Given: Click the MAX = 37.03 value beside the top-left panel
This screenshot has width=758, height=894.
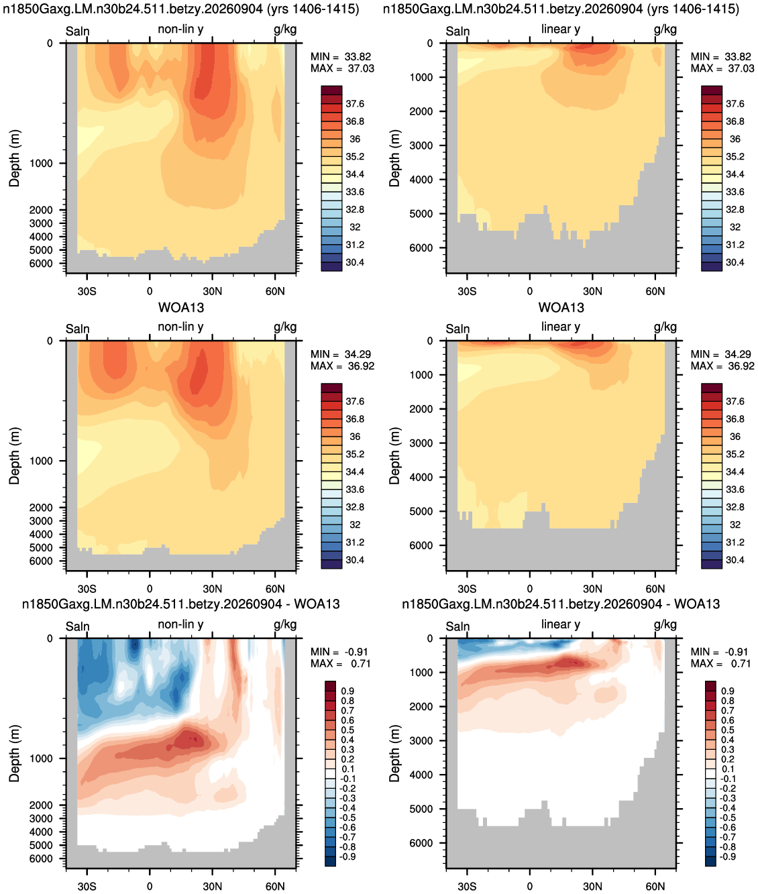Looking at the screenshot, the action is [x=342, y=68].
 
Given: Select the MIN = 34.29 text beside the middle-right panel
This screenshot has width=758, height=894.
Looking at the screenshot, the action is [x=721, y=354].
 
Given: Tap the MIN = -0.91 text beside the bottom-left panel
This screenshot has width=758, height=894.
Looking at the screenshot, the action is [x=341, y=652].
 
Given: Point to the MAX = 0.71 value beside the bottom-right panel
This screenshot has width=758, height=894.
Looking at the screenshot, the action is [x=720, y=663].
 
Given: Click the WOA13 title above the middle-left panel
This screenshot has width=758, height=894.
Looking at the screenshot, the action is [x=181, y=308].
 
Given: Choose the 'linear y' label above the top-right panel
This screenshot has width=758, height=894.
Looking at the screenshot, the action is [x=561, y=29].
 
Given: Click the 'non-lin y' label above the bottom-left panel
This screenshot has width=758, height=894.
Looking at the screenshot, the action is [x=180, y=624].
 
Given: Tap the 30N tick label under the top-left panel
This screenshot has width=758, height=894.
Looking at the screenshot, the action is [x=213, y=291].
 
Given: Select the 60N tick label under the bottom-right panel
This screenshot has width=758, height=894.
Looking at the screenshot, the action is [x=655, y=886].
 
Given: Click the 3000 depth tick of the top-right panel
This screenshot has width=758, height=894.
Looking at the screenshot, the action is [x=421, y=146].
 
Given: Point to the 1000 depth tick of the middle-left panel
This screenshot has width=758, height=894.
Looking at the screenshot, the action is [x=41, y=461].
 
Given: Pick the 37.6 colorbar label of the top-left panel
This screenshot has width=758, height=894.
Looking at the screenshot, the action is [x=355, y=104].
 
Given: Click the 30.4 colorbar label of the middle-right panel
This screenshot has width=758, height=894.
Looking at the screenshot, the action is [x=735, y=559].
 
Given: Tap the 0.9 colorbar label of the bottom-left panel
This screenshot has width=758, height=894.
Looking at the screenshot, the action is [x=347, y=691].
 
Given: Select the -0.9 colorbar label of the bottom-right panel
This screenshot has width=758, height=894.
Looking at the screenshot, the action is [x=728, y=856].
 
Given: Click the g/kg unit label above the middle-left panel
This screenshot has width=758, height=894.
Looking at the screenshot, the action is [x=285, y=327].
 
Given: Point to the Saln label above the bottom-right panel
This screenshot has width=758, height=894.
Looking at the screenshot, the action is [x=457, y=626].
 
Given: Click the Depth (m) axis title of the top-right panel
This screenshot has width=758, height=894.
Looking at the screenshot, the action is [x=394, y=158].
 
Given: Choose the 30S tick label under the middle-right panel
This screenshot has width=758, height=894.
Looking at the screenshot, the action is [x=467, y=589].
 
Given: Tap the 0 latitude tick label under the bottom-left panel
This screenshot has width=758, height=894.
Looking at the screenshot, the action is [x=150, y=886].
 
